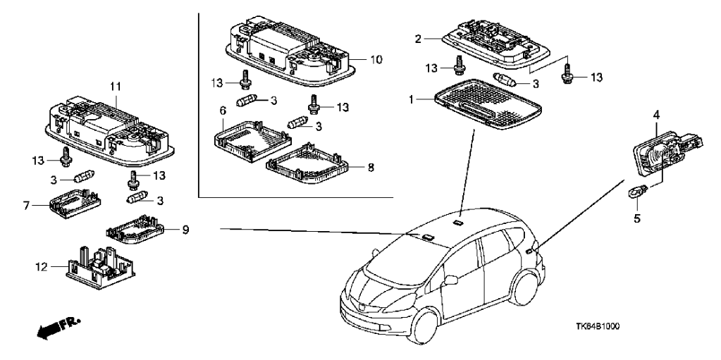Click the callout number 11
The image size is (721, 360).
point(116,86)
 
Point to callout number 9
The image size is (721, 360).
point(185,230)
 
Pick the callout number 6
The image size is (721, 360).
point(223,111)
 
